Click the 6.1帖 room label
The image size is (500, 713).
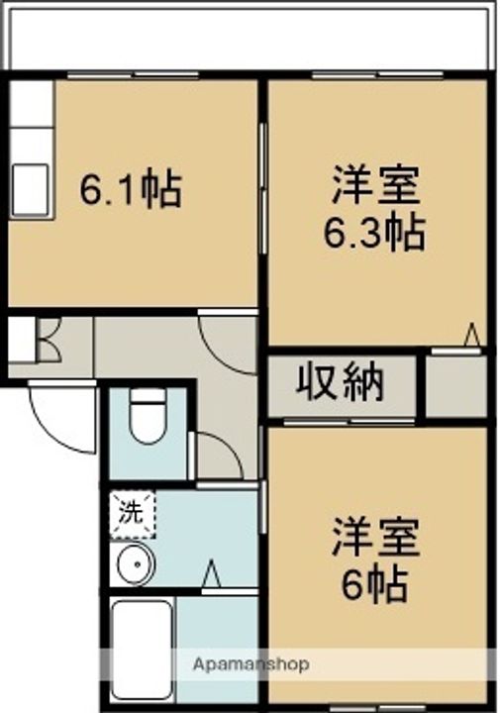coord(131,188)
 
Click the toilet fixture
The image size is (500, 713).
coord(148,414)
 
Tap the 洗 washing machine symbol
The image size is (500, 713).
coord(132,514)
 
